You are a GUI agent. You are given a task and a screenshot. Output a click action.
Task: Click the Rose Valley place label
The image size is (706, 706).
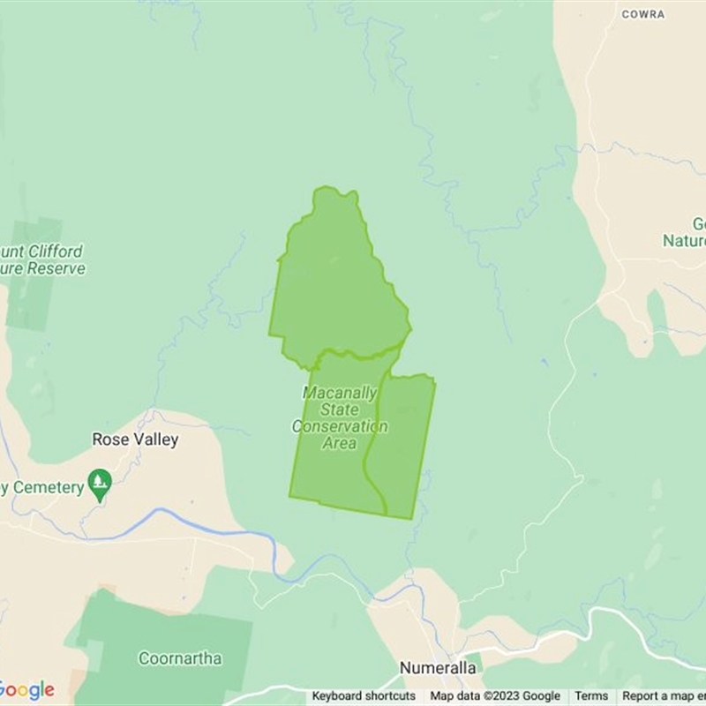click(135, 439)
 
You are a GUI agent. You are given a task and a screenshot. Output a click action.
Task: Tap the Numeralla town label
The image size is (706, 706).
click(438, 668)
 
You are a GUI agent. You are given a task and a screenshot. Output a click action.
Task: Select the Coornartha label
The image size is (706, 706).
click(179, 658)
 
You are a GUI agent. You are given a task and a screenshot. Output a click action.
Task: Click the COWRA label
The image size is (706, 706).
click(642, 14)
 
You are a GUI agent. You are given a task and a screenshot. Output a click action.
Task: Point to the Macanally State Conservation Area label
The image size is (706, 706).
click(340, 417)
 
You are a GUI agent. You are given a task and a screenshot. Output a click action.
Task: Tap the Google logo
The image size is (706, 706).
click(26, 690)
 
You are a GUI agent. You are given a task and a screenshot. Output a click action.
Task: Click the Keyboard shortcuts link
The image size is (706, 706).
click(364, 696)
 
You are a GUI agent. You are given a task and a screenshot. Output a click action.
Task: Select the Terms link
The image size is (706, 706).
click(591, 696)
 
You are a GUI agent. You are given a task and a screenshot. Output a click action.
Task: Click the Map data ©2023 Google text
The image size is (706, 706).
click(495, 696)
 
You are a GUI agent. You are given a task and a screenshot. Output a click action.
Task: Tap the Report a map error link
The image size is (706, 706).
click(664, 696)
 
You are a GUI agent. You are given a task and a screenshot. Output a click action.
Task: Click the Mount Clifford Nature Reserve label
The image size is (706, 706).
click(44, 259)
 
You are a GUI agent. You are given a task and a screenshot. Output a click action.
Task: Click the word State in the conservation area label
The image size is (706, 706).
click(340, 409)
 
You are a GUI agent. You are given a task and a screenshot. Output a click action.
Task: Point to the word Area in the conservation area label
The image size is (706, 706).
click(340, 443)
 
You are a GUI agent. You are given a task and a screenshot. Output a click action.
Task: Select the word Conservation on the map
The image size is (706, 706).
click(340, 426)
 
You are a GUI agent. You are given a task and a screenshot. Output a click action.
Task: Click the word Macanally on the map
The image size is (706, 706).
click(340, 393)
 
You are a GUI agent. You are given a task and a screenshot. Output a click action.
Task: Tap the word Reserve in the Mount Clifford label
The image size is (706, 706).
click(58, 268)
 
